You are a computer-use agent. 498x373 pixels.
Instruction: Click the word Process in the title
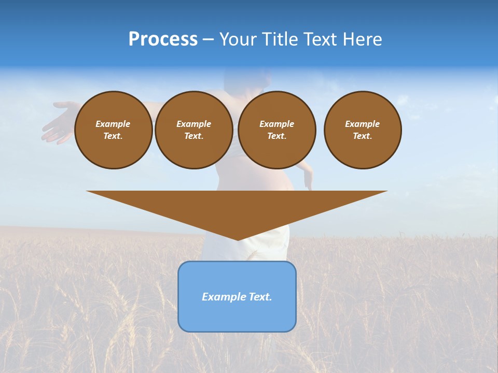(x=163, y=39)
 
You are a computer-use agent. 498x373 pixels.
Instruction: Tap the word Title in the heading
(x=281, y=39)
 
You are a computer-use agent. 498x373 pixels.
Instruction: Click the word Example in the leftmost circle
(x=113, y=124)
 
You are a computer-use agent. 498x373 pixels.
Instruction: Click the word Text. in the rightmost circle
(x=362, y=136)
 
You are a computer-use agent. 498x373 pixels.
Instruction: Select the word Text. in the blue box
(x=261, y=297)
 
